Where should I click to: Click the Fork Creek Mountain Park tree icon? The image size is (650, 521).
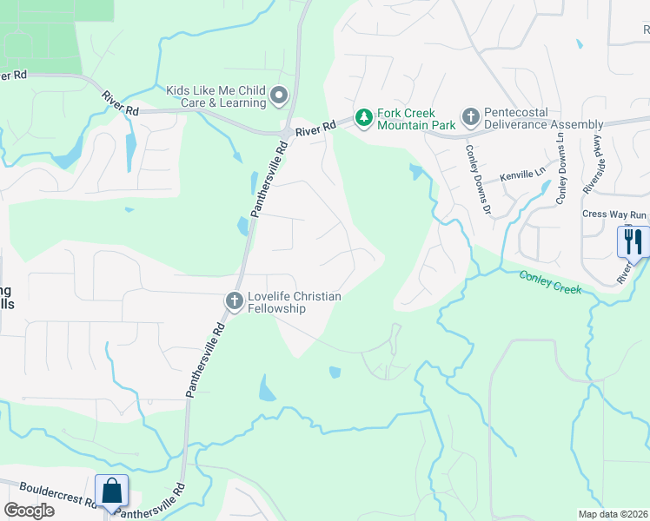coord(364,116)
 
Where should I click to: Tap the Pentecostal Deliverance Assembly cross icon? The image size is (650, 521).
coord(470,116)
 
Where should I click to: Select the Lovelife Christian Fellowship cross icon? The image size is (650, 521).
coord(234,300)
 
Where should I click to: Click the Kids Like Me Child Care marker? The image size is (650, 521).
coord(279,95)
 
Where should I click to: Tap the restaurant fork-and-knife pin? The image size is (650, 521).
coord(633,240)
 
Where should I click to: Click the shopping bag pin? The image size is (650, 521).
coord(112,491)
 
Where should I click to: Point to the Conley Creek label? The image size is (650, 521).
coord(550,281)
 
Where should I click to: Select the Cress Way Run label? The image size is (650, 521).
coord(614,214)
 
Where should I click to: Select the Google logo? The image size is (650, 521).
coord(29,510)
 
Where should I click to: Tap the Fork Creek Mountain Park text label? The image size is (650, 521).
coord(416,119)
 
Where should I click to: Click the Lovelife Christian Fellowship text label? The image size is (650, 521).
coord(295,302)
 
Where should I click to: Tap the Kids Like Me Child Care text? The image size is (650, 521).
coord(216,96)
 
